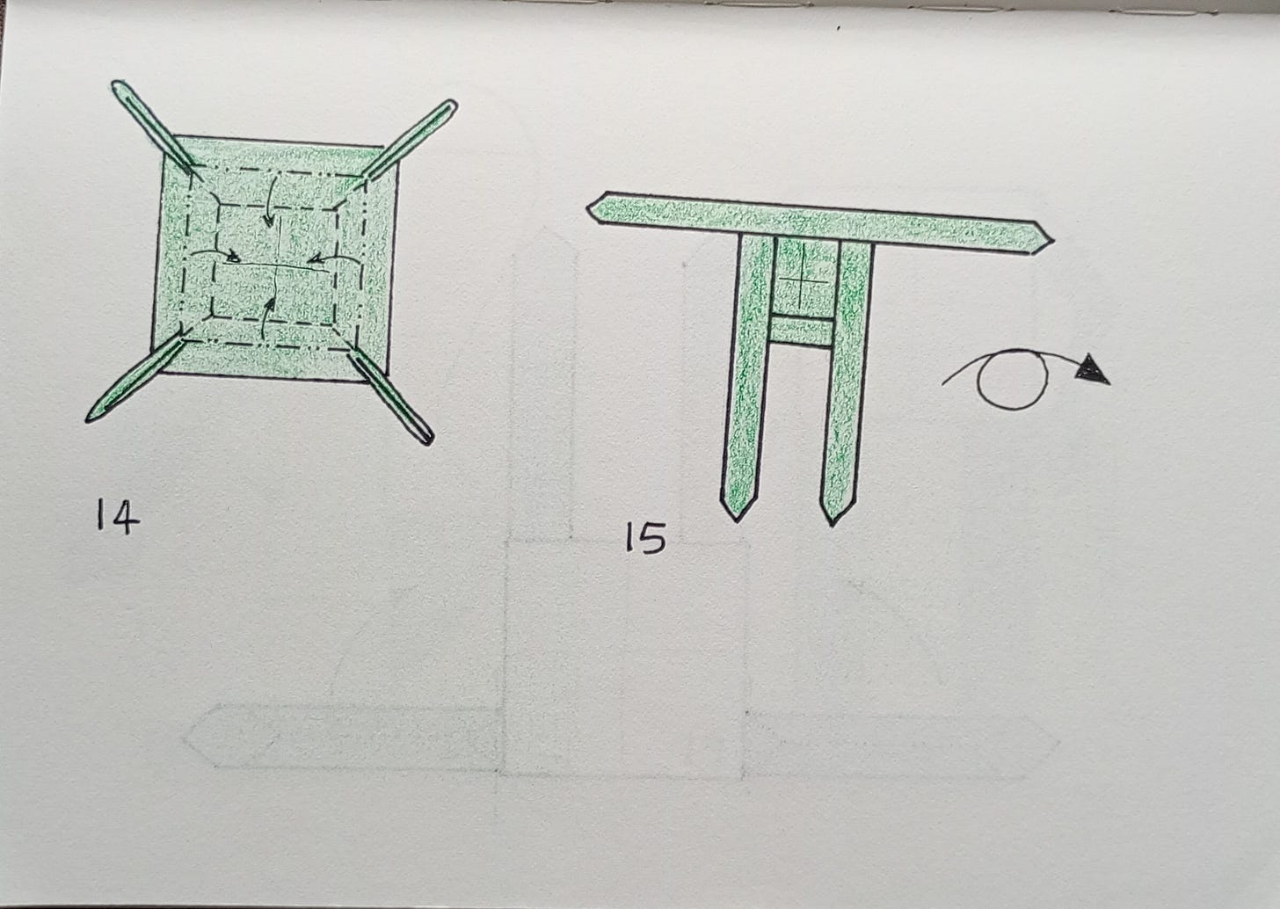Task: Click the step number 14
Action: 118,516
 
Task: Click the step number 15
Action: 645,537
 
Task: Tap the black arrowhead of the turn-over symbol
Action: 1093,368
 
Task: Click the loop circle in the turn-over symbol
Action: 1013,380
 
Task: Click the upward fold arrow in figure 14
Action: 265,320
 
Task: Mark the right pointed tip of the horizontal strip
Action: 1054,241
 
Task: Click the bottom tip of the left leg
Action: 737,521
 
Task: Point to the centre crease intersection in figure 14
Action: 277,265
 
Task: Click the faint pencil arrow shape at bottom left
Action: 343,737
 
